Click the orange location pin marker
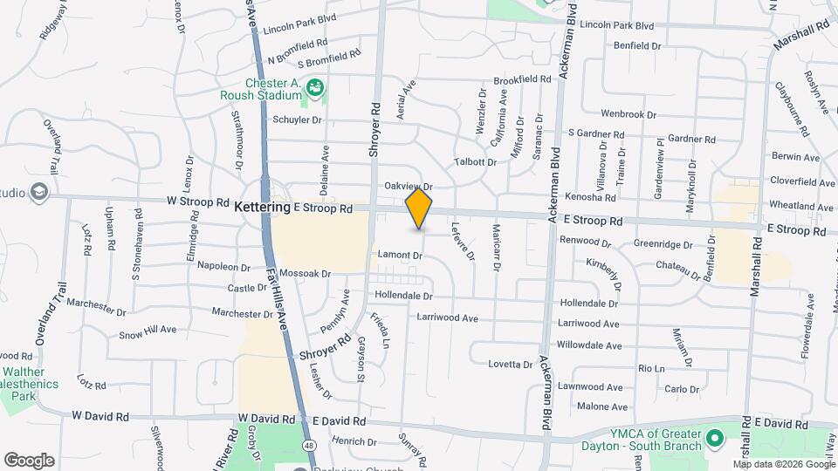(x=419, y=208)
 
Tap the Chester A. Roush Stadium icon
(x=315, y=86)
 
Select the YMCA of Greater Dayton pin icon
(x=716, y=436)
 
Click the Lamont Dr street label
(x=400, y=256)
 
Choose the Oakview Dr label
(x=409, y=187)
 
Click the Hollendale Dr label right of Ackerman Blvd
(x=588, y=304)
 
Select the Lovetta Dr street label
(x=511, y=364)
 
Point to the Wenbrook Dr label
(x=628, y=114)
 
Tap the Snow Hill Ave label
(x=148, y=331)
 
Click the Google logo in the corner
(x=29, y=460)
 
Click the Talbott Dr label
(x=476, y=161)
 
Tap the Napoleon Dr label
(x=223, y=265)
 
